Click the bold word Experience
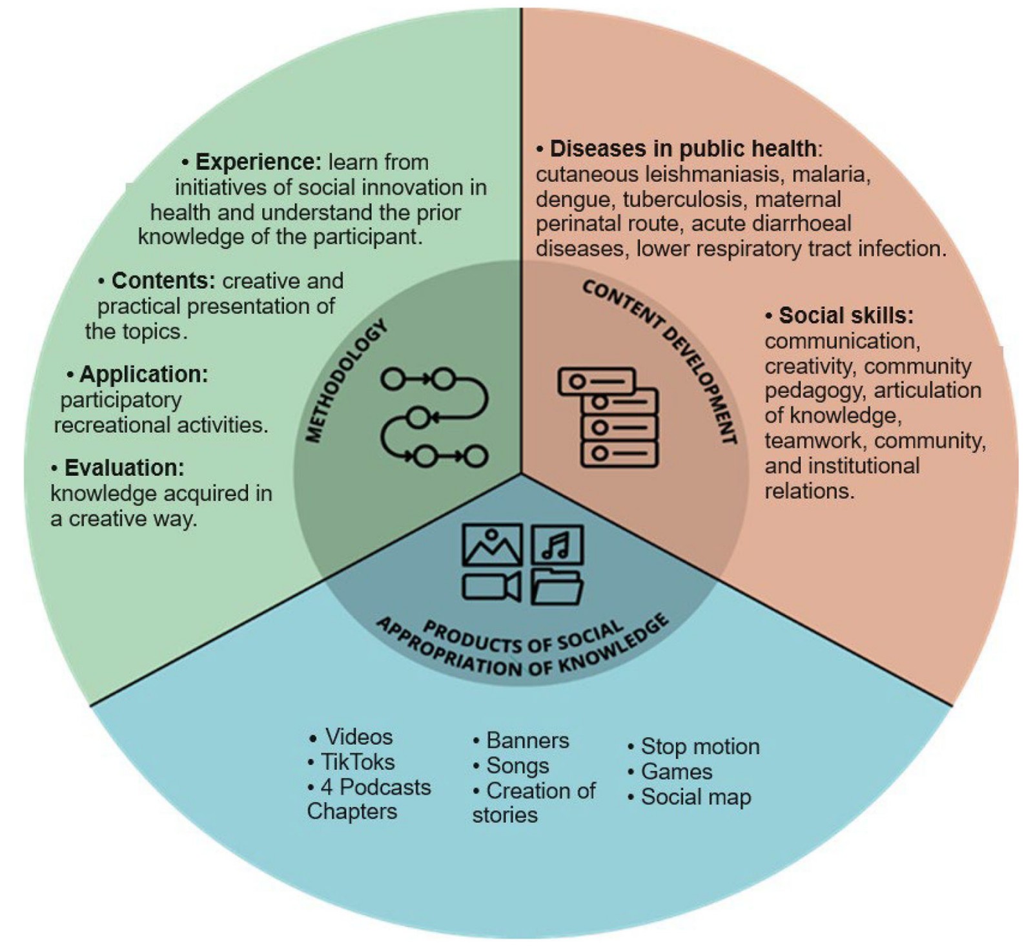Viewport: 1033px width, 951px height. tap(258, 162)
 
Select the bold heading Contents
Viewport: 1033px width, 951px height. tap(163, 281)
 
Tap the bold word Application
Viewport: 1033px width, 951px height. tap(143, 375)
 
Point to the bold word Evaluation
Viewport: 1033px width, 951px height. tap(124, 468)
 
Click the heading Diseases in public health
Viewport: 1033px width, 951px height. tap(682, 149)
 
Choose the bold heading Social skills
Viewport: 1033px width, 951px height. tap(846, 315)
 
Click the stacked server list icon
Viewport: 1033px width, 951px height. tap(608, 417)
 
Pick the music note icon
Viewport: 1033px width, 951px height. tap(557, 545)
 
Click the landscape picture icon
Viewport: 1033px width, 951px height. tap(492, 545)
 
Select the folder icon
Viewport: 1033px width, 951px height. tap(557, 587)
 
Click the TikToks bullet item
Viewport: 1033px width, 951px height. tap(358, 762)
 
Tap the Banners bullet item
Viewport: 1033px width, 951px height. tap(527, 740)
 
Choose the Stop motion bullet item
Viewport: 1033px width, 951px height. tap(699, 747)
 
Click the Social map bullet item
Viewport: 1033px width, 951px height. tap(695, 797)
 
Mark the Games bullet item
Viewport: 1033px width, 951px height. tap(676, 772)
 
